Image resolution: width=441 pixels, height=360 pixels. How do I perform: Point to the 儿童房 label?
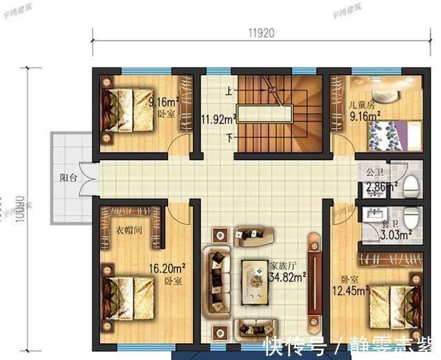(x=361, y=106)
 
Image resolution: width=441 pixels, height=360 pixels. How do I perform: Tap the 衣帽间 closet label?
(x=128, y=230)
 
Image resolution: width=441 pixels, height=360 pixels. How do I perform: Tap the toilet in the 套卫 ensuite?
(x=411, y=218)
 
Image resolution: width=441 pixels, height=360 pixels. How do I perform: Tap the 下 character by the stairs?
(x=227, y=136)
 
